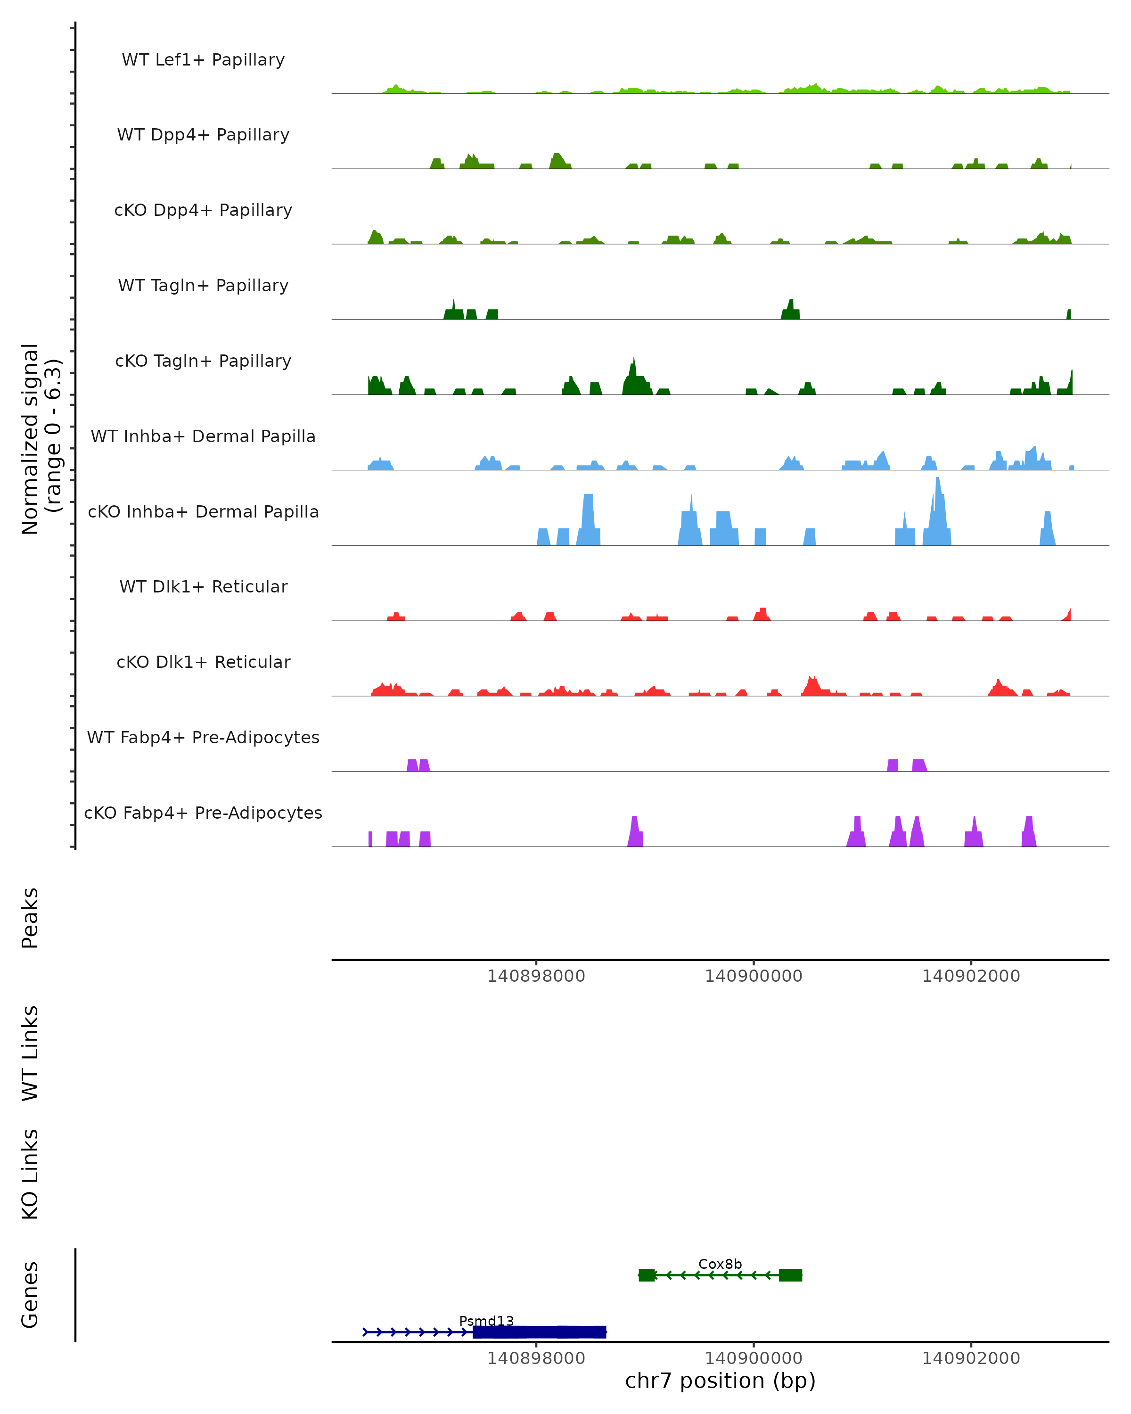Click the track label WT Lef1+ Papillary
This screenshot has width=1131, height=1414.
(x=203, y=60)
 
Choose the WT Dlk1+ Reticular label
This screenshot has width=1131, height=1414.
(x=203, y=586)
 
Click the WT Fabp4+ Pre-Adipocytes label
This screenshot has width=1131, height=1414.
(x=203, y=737)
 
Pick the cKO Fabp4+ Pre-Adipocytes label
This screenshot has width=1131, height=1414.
(x=203, y=813)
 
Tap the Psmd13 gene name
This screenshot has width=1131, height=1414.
(x=486, y=1321)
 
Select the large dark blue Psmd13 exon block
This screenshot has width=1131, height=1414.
(x=539, y=1332)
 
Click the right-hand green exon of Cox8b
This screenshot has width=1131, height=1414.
(x=790, y=1275)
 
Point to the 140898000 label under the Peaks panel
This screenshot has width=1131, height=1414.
(x=536, y=976)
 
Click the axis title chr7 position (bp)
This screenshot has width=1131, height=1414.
(x=720, y=1381)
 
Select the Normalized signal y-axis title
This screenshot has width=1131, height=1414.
(x=41, y=439)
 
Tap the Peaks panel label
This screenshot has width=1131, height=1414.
(x=30, y=918)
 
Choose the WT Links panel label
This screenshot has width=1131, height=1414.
(x=30, y=1052)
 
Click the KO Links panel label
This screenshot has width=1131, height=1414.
(x=30, y=1174)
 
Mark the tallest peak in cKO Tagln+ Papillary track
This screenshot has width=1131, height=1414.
(x=634, y=361)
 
